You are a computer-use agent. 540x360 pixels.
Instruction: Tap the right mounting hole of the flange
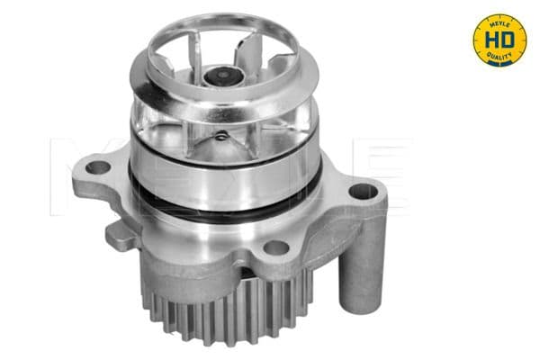point(359,190)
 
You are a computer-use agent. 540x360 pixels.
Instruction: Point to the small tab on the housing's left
point(117,236)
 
